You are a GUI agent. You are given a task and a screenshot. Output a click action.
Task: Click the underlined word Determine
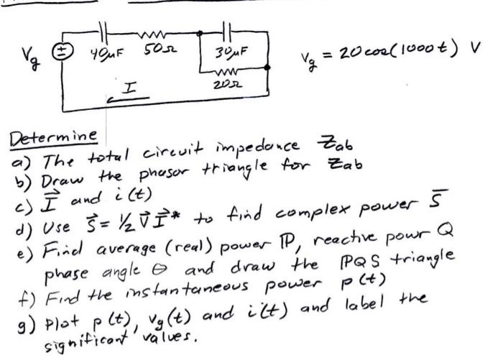[x=55, y=137]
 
